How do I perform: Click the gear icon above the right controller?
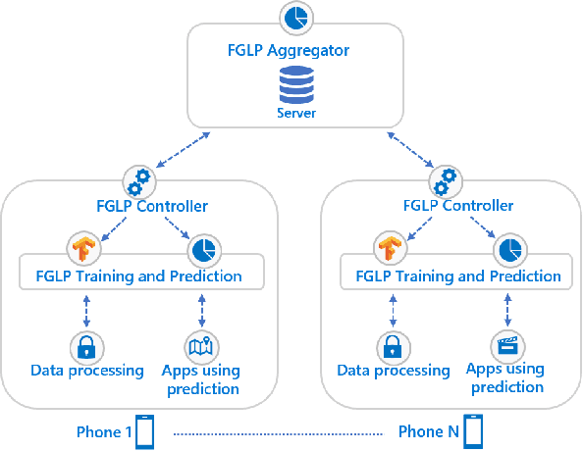[447, 180]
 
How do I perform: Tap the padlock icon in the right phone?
[393, 346]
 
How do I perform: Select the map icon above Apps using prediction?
[202, 346]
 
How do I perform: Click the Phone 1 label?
[104, 431]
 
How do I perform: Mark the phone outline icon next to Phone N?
[474, 431]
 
